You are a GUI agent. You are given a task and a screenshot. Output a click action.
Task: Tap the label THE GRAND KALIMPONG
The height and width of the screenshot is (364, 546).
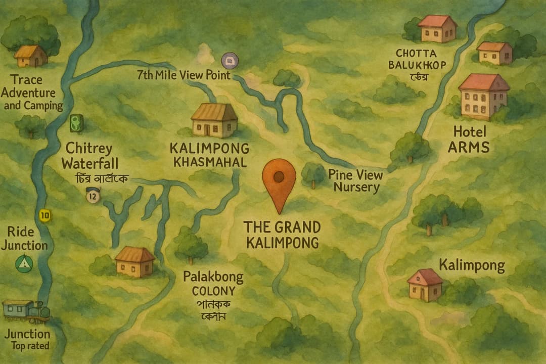[x=282, y=234]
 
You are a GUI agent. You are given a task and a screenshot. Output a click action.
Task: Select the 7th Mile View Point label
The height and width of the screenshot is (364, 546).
[x=184, y=75]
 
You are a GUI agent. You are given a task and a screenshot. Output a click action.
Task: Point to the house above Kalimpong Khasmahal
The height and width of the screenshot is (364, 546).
[x=214, y=120]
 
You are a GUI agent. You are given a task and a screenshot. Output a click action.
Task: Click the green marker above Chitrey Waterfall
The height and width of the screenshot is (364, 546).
[x=76, y=122]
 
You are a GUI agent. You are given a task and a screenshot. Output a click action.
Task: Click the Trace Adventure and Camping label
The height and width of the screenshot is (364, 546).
[x=33, y=93]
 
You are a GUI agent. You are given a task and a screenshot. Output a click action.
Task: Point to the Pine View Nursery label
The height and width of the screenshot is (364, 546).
[x=355, y=181]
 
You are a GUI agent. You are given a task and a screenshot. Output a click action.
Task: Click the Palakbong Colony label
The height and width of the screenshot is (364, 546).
[x=213, y=284]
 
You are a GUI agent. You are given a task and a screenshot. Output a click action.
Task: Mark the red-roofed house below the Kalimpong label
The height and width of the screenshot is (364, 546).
[x=425, y=285]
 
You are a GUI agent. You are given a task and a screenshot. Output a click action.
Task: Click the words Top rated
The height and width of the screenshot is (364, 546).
[x=30, y=346]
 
